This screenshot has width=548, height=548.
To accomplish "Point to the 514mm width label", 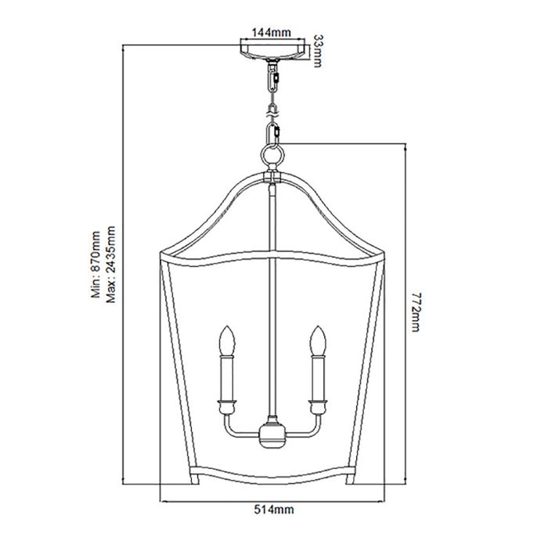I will (x=273, y=510).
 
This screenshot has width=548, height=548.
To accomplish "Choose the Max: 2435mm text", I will (x=110, y=266).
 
